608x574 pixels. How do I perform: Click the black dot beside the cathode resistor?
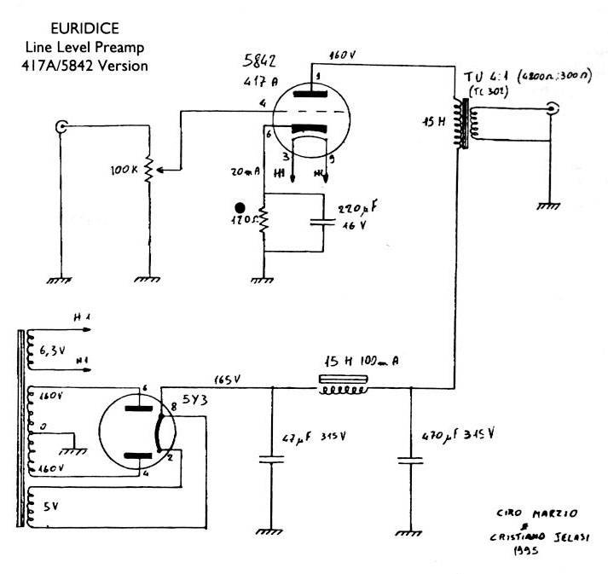[243, 207]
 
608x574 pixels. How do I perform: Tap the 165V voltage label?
[227, 376]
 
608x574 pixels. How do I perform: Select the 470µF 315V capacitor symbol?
[410, 460]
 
